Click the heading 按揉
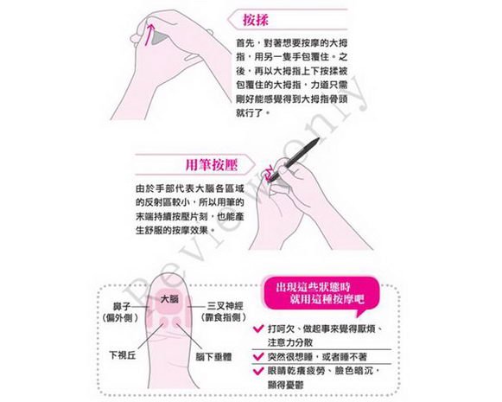click(255, 20)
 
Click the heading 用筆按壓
click(212, 165)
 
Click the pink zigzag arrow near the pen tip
click(269, 173)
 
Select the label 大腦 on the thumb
click(169, 299)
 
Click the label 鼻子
click(122, 307)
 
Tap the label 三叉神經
click(225, 306)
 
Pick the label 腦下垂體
click(213, 356)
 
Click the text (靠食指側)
click(224, 317)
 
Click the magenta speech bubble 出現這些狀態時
click(321, 293)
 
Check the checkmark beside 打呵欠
click(258, 329)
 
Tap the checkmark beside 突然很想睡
click(258, 356)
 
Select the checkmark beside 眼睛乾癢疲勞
click(258, 371)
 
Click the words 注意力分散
click(290, 342)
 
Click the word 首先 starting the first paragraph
click(245, 42)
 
